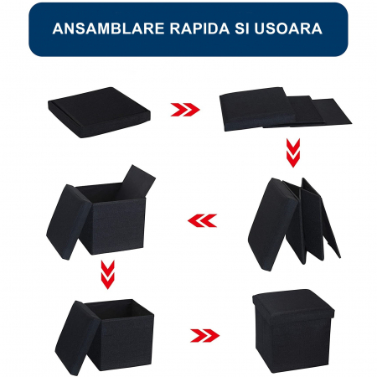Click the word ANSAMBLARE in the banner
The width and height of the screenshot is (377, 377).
[x=108, y=28]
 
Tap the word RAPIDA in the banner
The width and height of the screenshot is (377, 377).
[x=199, y=28]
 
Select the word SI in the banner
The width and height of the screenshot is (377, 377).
[x=242, y=28]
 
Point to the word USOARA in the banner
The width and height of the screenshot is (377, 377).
[x=288, y=28]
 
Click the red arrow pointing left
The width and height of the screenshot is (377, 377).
[x=202, y=220]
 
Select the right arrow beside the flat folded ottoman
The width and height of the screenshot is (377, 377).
[x=185, y=110]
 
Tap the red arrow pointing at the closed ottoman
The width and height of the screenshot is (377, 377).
[x=204, y=335]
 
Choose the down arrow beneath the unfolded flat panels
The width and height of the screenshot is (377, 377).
[x=293, y=152]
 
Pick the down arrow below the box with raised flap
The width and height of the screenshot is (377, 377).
[x=108, y=275]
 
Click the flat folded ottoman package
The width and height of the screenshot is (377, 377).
[x=99, y=112]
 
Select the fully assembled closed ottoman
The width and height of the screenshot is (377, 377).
[x=293, y=331]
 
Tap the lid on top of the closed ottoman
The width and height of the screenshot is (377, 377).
[x=293, y=303]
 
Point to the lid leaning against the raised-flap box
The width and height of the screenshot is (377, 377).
[x=69, y=222]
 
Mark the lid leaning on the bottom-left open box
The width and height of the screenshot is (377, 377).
[x=77, y=338]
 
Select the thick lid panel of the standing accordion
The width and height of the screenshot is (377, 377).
[x=272, y=225]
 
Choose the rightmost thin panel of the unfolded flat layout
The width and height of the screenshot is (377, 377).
[x=333, y=111]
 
